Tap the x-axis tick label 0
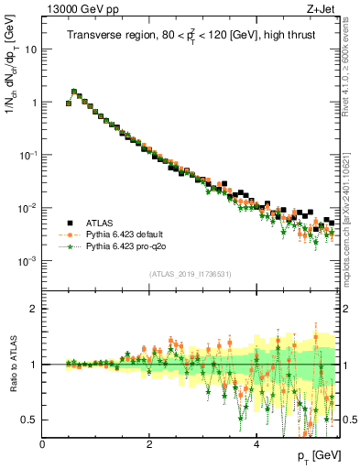[43, 444]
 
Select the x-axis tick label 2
[149, 444]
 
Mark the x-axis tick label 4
[256, 444]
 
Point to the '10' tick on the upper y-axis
[31, 49]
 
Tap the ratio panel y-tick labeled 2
[35, 309]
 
